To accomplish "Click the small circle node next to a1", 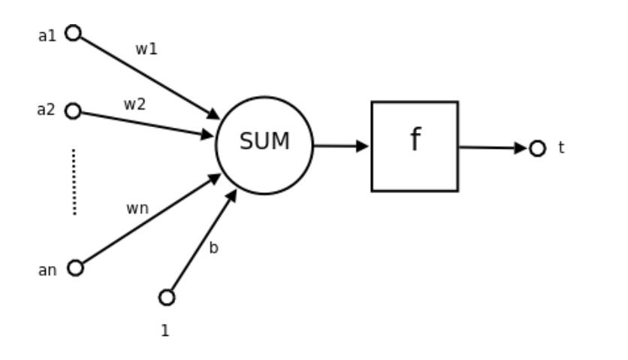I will coord(73,33).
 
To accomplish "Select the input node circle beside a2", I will coord(73,111).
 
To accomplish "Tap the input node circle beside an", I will coord(75,268).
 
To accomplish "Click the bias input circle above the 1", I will coord(167,298).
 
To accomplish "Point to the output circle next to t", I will coord(537,149).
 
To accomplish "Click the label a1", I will coord(47,35).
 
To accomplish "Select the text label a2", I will coord(47,110).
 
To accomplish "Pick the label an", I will coord(47,271).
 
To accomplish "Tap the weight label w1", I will coord(146,50).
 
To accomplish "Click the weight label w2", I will coord(134,105).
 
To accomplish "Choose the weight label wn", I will coord(137,209).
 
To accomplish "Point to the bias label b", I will coord(213,248).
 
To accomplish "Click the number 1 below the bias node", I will coord(165,330).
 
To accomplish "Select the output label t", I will coord(561,148).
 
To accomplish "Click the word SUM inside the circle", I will coord(264,141).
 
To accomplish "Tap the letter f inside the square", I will coord(415,141).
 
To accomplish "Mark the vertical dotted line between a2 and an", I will coord(74,182).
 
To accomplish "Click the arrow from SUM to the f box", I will coord(340,146).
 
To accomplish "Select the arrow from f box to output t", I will coord(492,148).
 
